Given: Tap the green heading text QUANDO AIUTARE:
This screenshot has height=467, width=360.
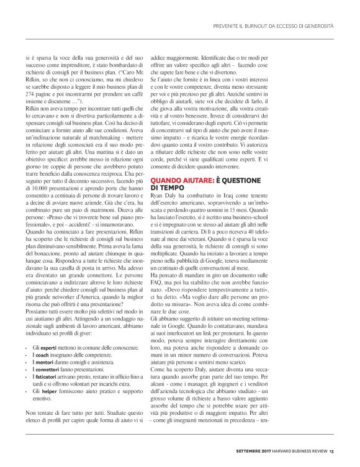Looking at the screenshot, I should coord(178,180).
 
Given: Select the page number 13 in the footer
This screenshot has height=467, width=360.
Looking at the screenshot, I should coord(332,451).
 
